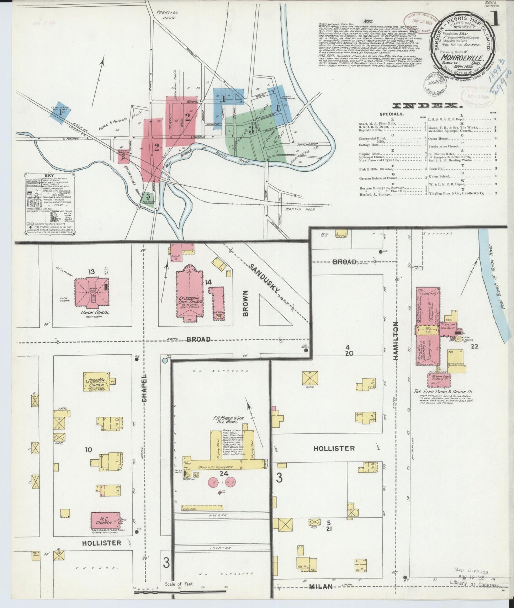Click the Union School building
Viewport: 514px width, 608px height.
[x=91, y=293]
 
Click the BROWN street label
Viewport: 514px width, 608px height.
[x=246, y=302]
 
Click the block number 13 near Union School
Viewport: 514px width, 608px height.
[x=91, y=272]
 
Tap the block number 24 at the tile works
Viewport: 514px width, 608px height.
[x=223, y=473]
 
